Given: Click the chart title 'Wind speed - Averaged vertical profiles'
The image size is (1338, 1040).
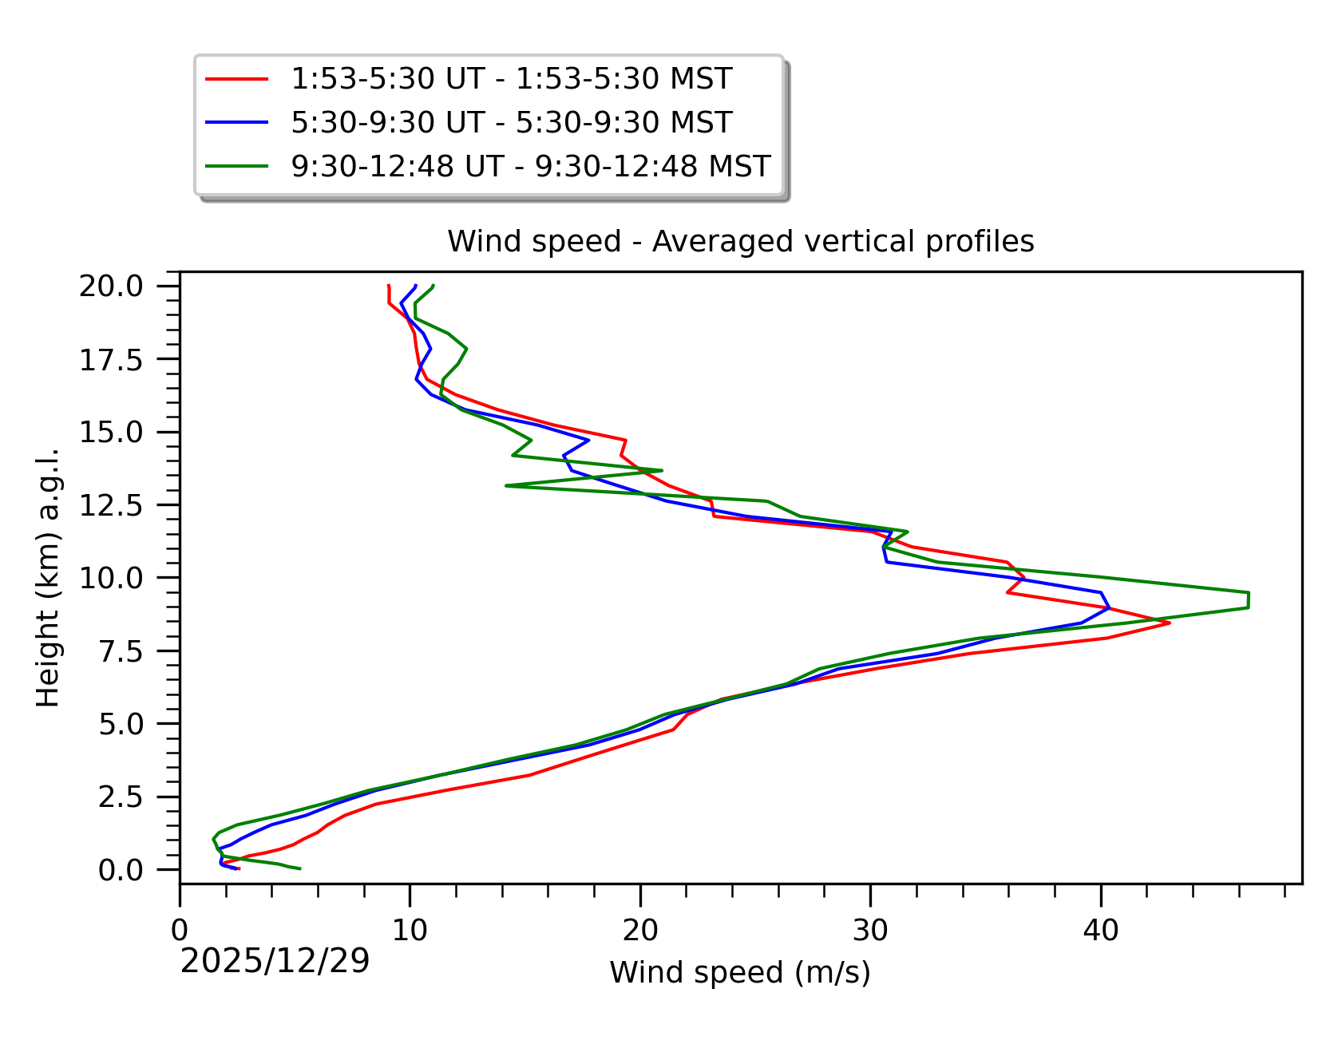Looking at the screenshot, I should [x=740, y=241].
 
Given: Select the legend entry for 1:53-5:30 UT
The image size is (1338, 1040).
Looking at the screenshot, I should [x=511, y=79].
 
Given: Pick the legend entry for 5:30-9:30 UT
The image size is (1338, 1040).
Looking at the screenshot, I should [x=511, y=122].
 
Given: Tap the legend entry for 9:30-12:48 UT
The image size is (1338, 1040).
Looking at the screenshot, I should [x=530, y=166].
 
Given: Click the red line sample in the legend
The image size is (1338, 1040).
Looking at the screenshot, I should [x=236, y=79].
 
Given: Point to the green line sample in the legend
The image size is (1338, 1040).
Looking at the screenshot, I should [x=236, y=166].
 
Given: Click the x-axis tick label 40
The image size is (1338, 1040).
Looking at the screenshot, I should [x=1101, y=931].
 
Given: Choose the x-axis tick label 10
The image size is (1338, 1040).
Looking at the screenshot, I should [x=410, y=931].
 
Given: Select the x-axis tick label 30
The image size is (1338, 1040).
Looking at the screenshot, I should [x=870, y=931].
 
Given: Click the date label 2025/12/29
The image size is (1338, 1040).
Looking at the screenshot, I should [x=275, y=962].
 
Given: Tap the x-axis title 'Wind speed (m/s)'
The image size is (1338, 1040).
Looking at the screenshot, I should [x=740, y=972].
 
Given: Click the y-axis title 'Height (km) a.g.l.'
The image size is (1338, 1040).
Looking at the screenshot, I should [x=49, y=577].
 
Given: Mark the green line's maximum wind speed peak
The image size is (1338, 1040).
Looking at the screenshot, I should [x=1249, y=600].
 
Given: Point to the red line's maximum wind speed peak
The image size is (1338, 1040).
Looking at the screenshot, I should [x=1170, y=623].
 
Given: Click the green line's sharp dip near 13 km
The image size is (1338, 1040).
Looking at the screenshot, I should [x=506, y=485].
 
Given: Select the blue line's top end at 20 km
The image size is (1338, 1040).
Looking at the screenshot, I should [x=416, y=285].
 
